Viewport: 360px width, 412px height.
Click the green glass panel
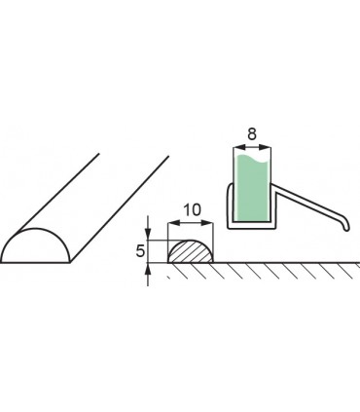252,185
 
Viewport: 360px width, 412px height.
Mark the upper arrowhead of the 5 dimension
148,237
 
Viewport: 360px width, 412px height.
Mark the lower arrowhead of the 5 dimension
148,268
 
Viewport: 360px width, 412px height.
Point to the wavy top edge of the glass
252,154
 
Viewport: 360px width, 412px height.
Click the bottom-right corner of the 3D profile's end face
68,262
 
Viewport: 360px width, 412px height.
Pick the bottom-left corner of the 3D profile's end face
3,262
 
